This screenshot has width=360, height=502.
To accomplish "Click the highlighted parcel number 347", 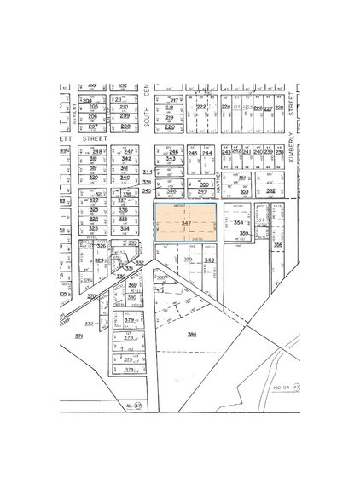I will tap(186, 223).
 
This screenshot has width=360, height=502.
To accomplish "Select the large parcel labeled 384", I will tap(192, 334).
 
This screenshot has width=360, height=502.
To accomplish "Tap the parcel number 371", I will tap(79, 337).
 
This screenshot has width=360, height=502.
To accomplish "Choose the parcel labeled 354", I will tap(238, 222).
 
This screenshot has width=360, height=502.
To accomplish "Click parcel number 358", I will tap(278, 244).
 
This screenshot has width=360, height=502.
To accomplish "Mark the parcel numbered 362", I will tap(270, 191).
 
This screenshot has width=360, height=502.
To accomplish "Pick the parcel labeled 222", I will tap(202, 108).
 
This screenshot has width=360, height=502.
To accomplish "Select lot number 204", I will tap(87, 101).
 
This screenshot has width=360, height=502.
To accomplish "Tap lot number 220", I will tap(169, 127).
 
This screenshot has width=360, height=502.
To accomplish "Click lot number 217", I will tap(174, 101).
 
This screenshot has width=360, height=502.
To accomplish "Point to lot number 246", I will tap(173, 152).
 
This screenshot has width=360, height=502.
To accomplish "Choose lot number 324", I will tap(94, 219).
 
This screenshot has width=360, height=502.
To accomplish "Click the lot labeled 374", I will tap(130, 370).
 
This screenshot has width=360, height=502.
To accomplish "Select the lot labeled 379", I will tap(130, 320).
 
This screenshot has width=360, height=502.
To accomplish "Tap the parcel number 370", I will tap(92, 296).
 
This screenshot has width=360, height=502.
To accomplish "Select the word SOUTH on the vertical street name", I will tap(147, 122).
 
